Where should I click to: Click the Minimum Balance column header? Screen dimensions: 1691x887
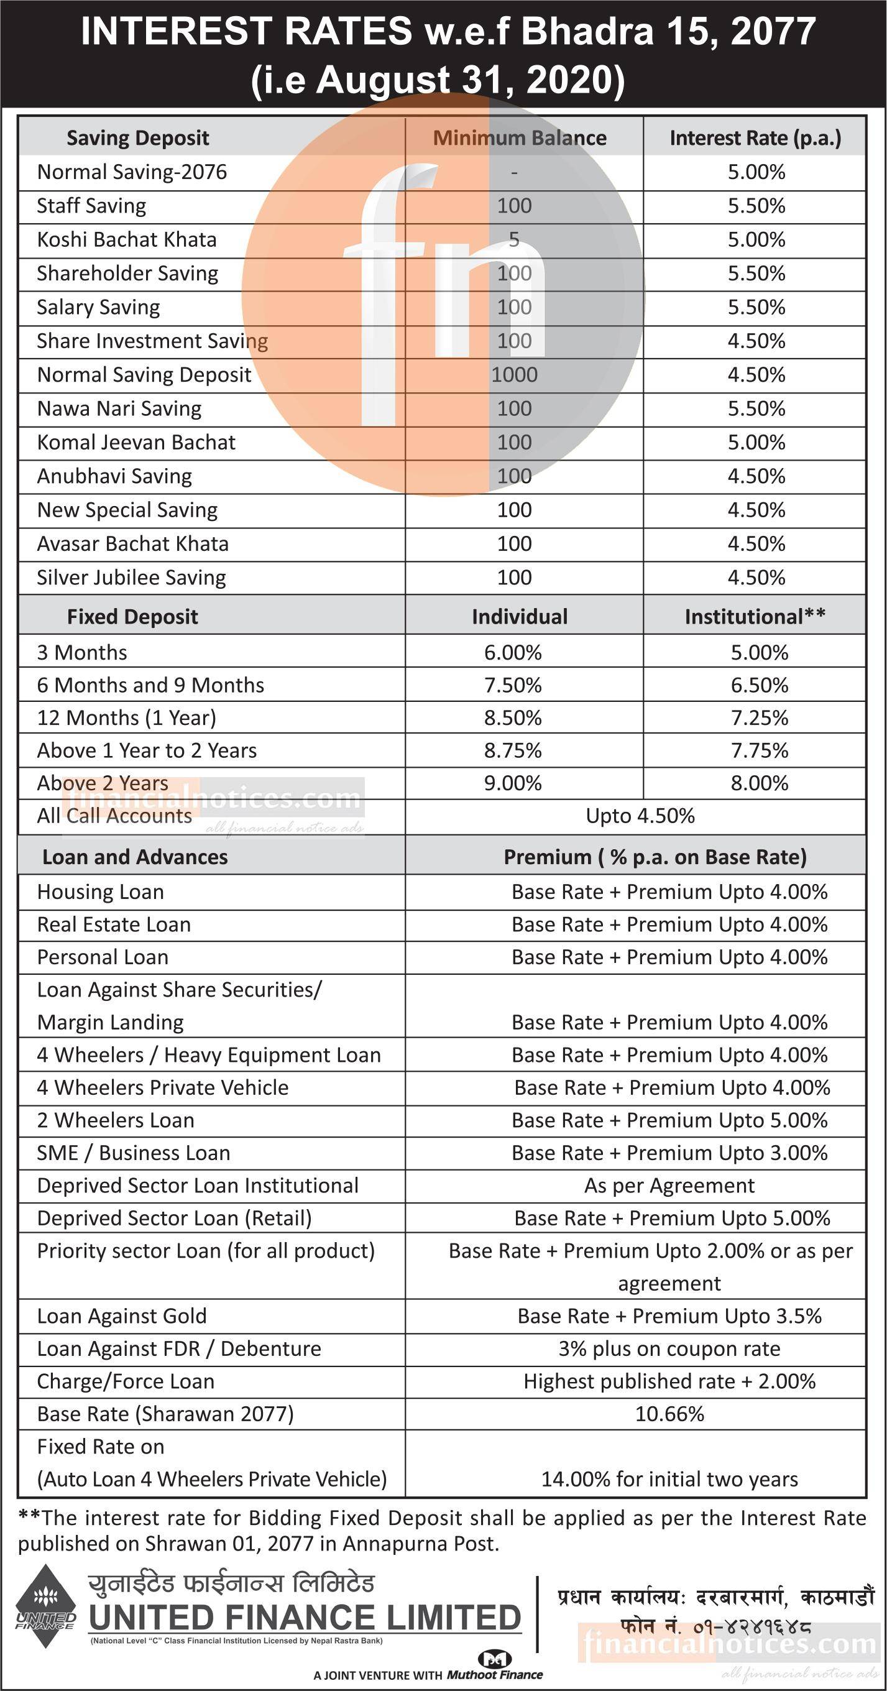[519, 138]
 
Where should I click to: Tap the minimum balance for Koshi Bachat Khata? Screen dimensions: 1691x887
[514, 239]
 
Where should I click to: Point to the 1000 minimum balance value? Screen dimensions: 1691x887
[514, 375]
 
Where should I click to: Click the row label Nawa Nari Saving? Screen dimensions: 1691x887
[119, 409]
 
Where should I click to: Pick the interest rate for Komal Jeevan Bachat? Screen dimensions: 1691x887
[756, 443]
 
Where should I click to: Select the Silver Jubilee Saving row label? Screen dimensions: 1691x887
[131, 578]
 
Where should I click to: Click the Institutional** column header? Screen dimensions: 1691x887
[755, 616]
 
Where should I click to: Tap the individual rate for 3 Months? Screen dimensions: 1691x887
[513, 653]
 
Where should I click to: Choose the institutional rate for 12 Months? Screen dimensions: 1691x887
[759, 717]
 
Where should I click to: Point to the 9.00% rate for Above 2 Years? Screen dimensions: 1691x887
[513, 783]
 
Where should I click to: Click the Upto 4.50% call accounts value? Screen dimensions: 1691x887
[640, 816]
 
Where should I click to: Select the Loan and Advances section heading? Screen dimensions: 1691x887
[135, 857]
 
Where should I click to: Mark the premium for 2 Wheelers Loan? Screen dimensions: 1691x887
[669, 1120]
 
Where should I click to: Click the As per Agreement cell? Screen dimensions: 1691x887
[669, 1186]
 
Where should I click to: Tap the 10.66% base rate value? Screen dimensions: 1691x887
[669, 1414]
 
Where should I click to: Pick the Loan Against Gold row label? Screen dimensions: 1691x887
[121, 1316]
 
